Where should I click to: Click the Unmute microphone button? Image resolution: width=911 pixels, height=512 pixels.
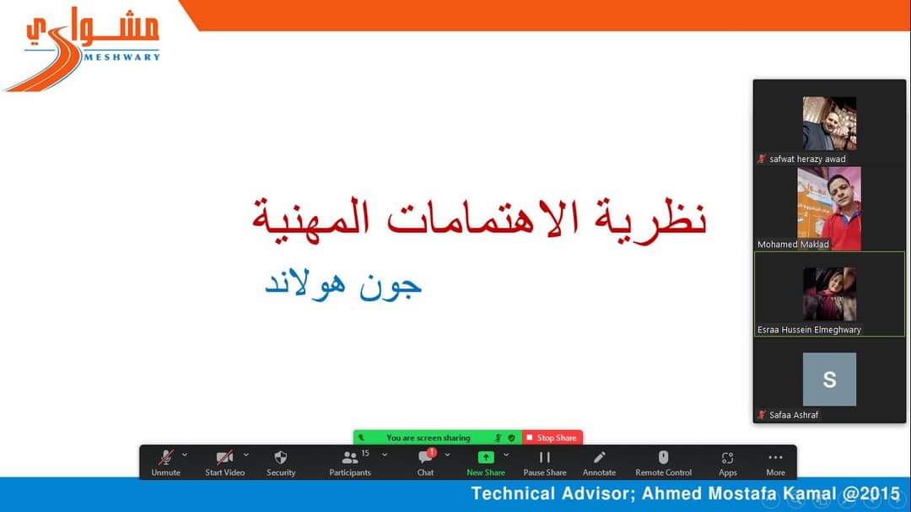tap(165, 463)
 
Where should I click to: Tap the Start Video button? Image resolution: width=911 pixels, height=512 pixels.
tap(225, 463)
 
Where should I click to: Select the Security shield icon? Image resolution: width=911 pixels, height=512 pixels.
tap(281, 457)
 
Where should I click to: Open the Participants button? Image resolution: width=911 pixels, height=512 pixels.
tap(350, 463)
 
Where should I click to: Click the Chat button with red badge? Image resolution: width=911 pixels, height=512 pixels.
tap(426, 463)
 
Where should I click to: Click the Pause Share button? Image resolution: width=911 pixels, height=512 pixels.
tap(544, 463)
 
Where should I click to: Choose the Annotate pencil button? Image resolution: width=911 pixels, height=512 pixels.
tap(599, 463)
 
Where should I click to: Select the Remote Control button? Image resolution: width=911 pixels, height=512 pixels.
tap(664, 463)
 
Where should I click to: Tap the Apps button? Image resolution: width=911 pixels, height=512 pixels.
tap(727, 463)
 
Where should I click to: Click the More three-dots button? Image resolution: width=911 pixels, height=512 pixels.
tap(776, 463)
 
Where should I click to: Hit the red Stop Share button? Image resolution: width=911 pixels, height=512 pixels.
tap(552, 438)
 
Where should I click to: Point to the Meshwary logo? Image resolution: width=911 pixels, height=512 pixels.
tap(84, 49)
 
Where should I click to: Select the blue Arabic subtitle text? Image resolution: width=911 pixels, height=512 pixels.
tap(343, 285)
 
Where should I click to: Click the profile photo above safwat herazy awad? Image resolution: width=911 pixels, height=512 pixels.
tap(829, 123)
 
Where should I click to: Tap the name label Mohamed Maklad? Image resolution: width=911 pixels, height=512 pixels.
tap(793, 244)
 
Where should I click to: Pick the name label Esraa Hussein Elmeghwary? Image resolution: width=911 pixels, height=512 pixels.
tap(809, 330)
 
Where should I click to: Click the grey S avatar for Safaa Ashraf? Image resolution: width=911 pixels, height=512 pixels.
tap(829, 379)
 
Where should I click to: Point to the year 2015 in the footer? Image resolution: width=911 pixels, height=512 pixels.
tap(879, 493)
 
